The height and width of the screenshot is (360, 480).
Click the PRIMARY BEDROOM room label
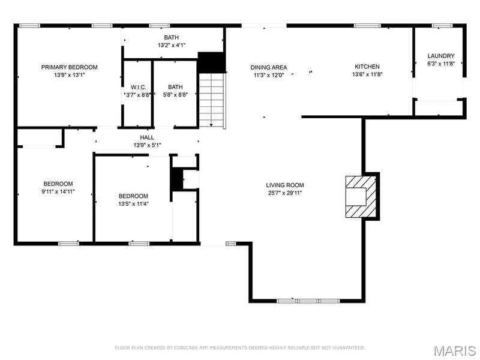coord(69,67)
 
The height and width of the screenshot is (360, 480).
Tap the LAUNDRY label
coord(441,56)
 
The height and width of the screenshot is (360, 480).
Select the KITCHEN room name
coord(367,67)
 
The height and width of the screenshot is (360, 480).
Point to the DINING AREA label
coord(269,67)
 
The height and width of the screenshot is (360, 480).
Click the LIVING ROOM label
coord(284,185)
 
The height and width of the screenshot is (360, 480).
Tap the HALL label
coord(147,137)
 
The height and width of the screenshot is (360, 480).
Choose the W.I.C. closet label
coord(139,87)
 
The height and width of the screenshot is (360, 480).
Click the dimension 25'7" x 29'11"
coord(284,193)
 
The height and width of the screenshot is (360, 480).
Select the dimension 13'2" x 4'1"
coord(172,46)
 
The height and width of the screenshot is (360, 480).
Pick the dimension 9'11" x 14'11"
coord(58,191)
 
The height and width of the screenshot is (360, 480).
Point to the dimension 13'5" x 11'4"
coord(133,204)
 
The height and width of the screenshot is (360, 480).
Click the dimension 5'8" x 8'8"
coord(175,95)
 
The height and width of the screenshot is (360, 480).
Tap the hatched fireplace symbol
coord(361,197)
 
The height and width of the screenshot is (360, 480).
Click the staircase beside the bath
coord(212,100)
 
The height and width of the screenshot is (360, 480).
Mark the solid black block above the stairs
coord(211,62)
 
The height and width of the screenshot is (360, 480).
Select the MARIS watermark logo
coord(455,351)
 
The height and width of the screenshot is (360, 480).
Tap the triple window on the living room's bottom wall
coord(308,301)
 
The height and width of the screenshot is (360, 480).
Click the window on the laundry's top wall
coord(442,26)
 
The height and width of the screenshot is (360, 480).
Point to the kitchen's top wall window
coord(367,26)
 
